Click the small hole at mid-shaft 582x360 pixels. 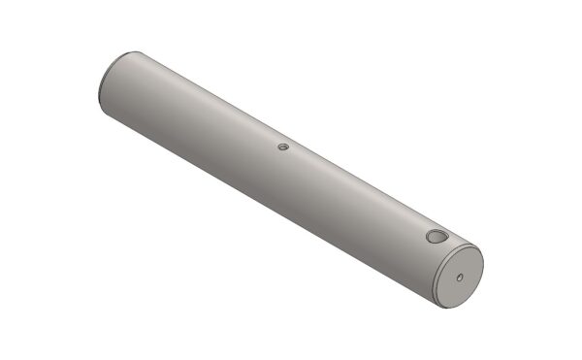pyautogui.click(x=282, y=147)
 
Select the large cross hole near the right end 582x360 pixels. pyautogui.click(x=436, y=237)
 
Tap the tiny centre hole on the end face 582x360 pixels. pyautogui.click(x=459, y=277)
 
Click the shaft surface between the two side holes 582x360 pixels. pyautogui.click(x=359, y=194)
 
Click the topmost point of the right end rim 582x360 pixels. pyautogui.click(x=471, y=247)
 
